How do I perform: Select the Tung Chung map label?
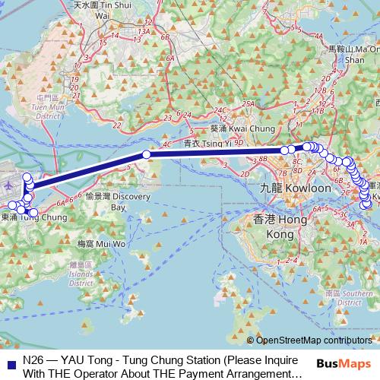pos(30,217)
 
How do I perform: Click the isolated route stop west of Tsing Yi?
pos(147,154)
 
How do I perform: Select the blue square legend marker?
pos(10,359)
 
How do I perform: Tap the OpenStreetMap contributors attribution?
pos(315,340)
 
